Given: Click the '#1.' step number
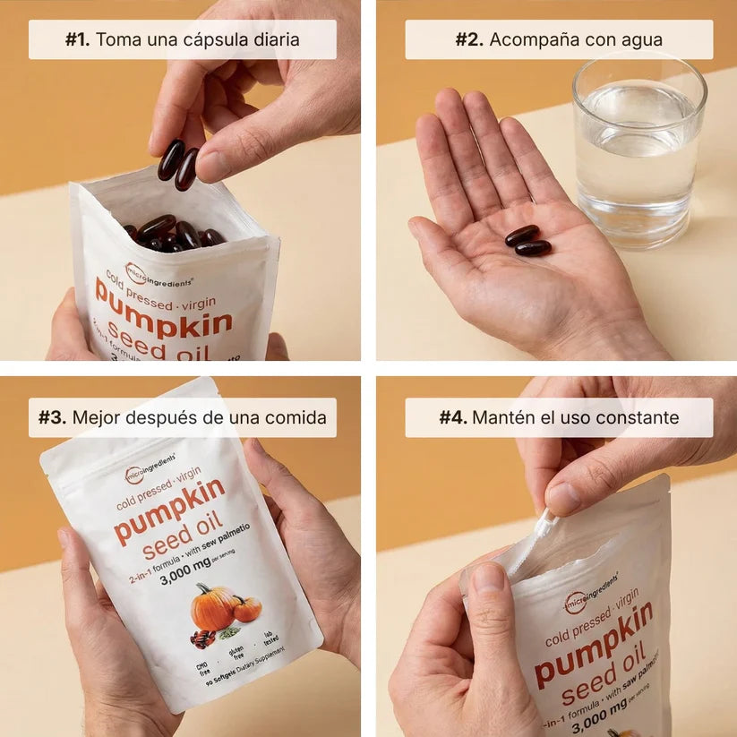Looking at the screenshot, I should coord(78,40).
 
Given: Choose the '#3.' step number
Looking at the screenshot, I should coord(53,418).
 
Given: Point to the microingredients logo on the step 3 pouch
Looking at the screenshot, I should coord(150,474).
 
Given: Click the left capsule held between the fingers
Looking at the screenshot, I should coord(170,159).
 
